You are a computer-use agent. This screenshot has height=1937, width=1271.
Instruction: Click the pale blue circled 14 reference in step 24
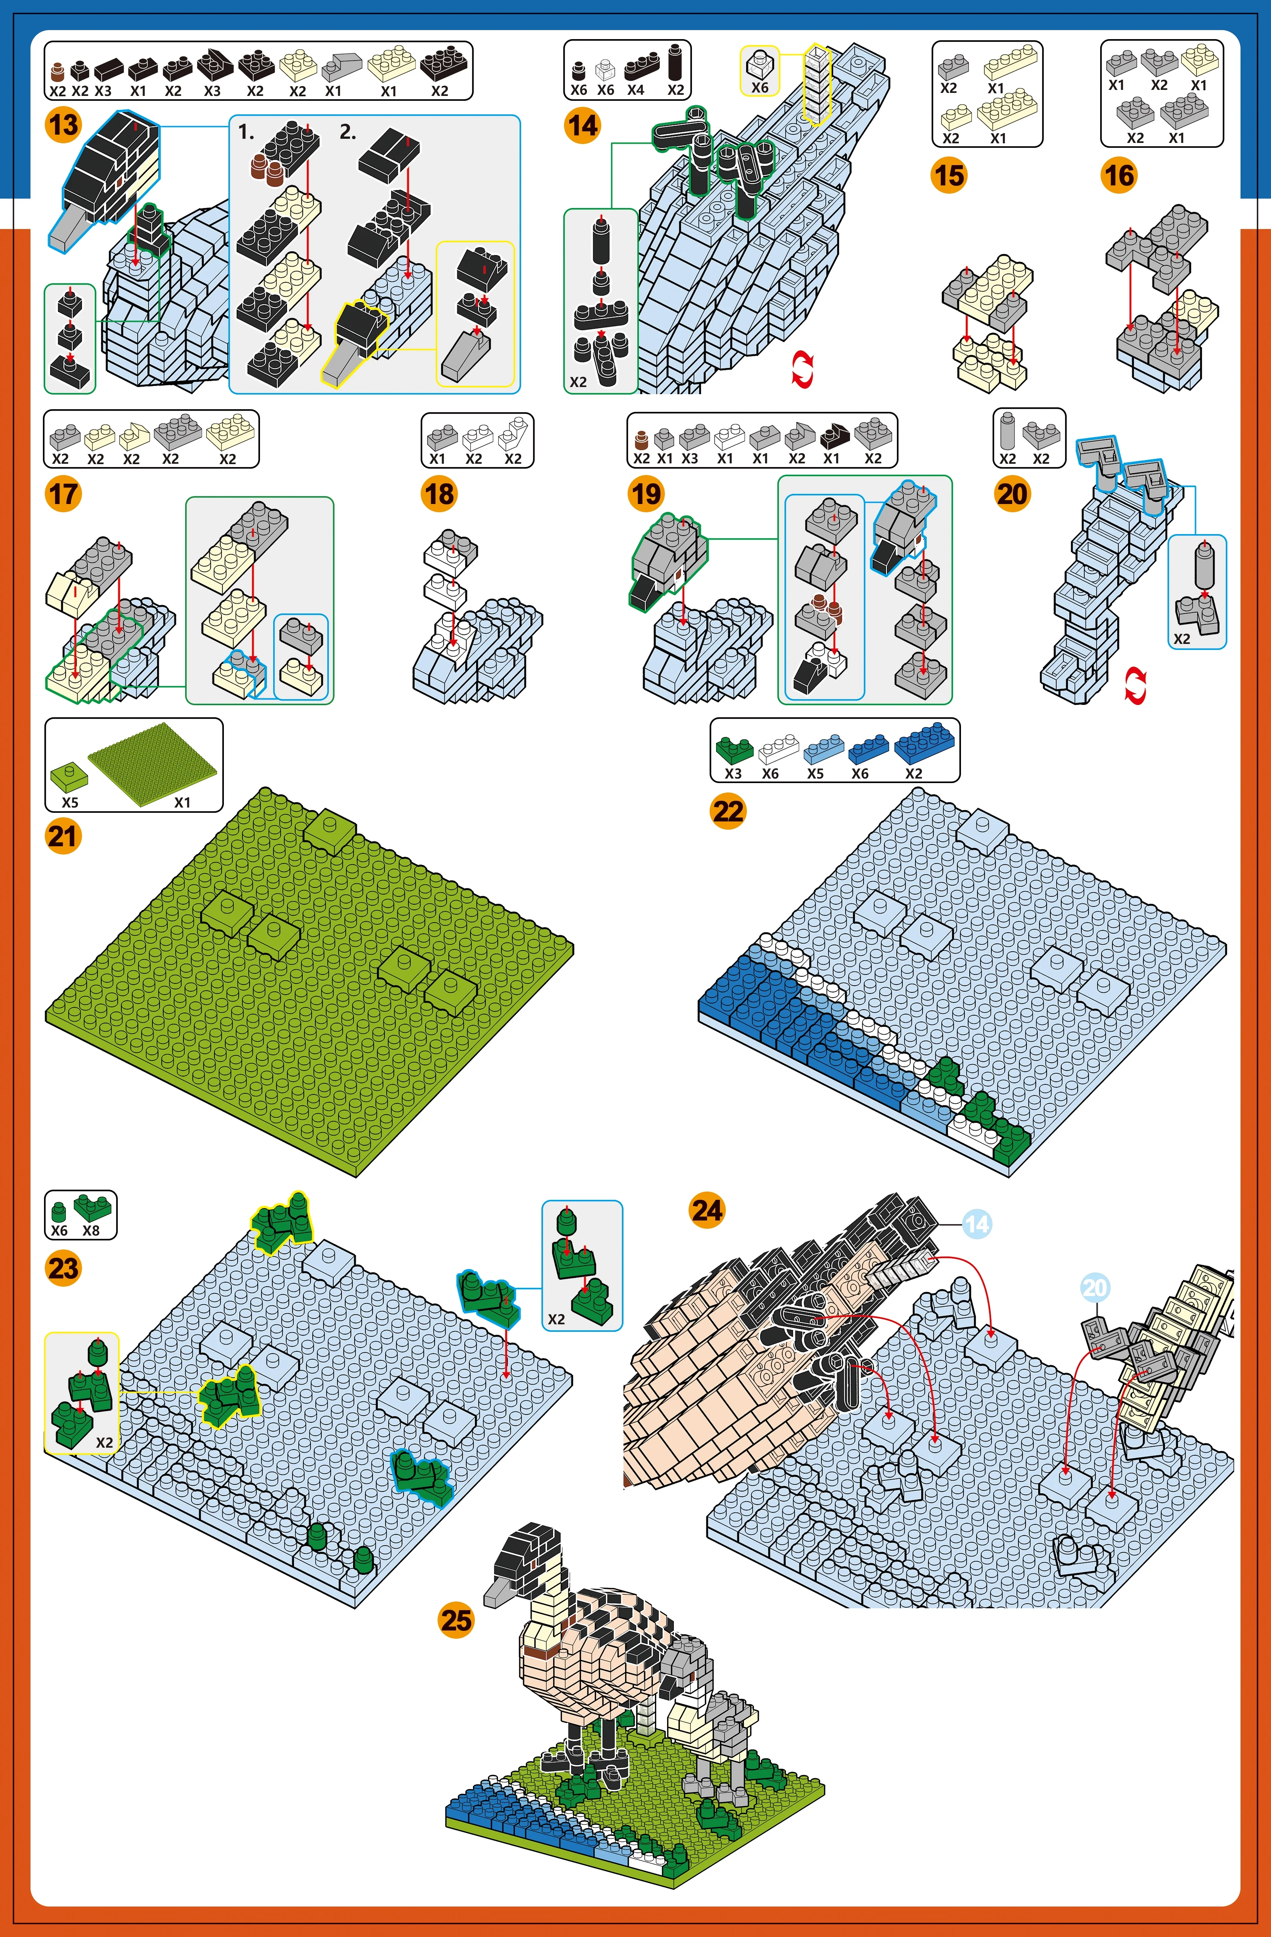977,1223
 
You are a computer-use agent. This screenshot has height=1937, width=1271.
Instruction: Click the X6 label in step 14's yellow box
760,87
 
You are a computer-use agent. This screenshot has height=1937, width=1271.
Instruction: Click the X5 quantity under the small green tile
70,802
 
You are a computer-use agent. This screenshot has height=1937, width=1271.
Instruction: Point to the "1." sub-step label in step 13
246,132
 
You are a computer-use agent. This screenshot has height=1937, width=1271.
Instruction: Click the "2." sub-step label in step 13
348,132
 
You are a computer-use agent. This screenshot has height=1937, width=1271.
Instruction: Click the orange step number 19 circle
646,494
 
